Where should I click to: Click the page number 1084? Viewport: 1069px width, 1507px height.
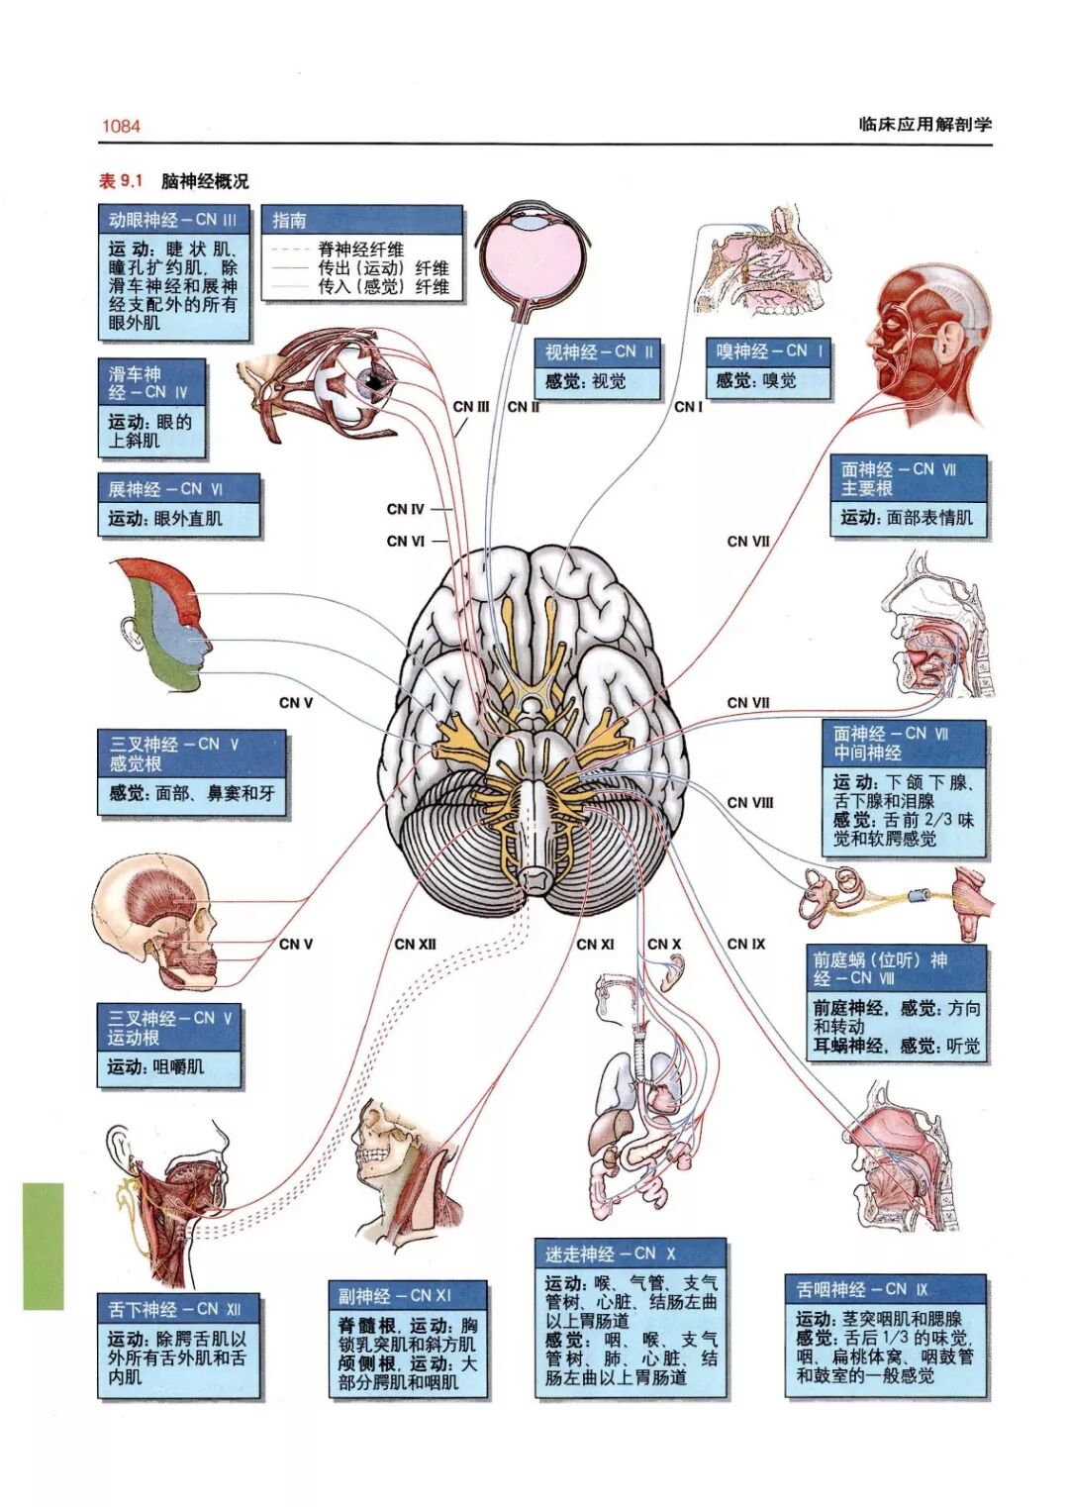tap(121, 126)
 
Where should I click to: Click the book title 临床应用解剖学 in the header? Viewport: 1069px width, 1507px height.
tap(924, 124)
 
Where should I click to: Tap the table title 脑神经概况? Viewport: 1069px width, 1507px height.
tap(205, 181)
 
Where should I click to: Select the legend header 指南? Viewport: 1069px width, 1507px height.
tap(289, 220)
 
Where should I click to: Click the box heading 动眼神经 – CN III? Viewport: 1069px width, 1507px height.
tap(172, 219)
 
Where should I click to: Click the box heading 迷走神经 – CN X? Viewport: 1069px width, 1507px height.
tap(610, 1254)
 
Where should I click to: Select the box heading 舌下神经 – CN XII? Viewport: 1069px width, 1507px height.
tap(174, 1309)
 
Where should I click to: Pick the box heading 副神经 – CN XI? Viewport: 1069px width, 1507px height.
tap(394, 1295)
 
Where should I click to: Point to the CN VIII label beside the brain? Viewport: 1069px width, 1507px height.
tap(750, 802)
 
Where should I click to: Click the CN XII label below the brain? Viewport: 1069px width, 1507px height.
tap(415, 944)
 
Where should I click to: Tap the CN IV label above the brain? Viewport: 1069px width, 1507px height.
tap(405, 509)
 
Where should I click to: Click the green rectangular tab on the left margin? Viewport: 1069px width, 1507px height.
tap(44, 1246)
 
